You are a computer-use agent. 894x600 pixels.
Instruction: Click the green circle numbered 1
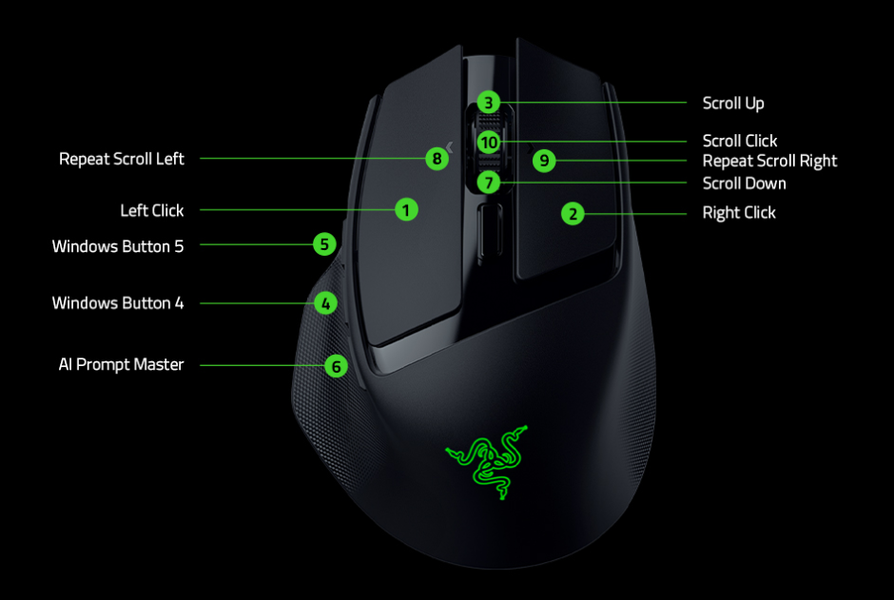pos(406,209)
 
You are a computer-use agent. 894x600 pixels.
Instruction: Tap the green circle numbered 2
pos(572,214)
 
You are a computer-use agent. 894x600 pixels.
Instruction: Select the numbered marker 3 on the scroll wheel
pos(488,103)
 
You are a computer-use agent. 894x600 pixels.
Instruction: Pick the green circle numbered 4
pos(325,303)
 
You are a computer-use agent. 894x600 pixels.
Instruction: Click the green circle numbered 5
pos(325,244)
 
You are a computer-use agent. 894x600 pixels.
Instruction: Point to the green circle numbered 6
pos(335,365)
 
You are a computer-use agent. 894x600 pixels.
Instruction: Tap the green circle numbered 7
pos(488,182)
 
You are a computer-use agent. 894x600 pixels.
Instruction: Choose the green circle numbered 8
pos(437,159)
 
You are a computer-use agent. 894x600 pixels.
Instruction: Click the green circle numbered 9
pos(543,160)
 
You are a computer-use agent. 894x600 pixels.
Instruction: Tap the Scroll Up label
pos(733,103)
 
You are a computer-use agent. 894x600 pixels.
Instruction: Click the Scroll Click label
pos(740,141)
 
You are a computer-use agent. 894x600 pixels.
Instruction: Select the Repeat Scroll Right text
pos(769,161)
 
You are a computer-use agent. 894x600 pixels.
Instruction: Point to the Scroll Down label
pos(744,183)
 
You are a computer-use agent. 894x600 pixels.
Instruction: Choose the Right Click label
pos(739,213)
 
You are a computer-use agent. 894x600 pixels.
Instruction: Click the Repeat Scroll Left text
pos(122,159)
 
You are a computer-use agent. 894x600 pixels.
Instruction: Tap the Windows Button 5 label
pos(118,246)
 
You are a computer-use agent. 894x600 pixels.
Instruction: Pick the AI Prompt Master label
pos(121,364)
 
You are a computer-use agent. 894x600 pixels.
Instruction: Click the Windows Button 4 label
pos(118,303)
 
